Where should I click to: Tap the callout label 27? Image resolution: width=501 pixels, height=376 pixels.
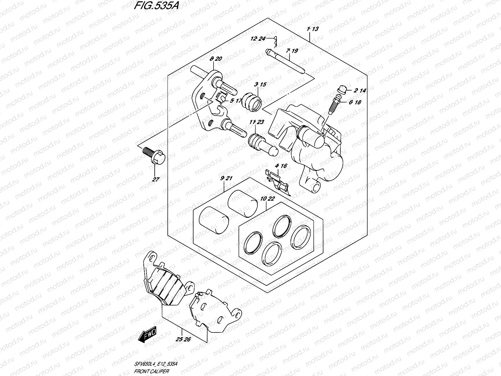(156, 180)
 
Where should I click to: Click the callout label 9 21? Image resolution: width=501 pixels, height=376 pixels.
(226, 178)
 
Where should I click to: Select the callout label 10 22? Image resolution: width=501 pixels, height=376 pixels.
(267, 198)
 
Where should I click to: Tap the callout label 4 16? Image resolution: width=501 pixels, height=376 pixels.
(281, 166)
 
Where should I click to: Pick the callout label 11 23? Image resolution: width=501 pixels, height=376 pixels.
(257, 122)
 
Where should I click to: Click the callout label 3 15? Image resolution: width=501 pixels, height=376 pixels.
(260, 84)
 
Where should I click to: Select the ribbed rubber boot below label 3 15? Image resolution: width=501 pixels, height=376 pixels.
(252, 102)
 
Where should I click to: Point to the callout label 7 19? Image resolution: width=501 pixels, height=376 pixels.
(292, 50)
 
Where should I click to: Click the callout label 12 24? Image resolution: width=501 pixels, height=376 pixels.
(258, 39)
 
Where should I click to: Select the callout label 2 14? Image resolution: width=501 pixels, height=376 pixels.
(360, 91)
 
